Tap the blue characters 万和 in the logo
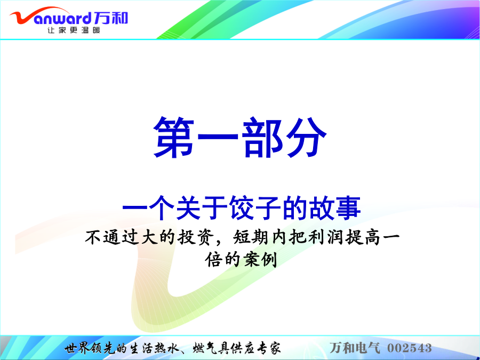pos(111,18)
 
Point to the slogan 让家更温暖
pos(74,30)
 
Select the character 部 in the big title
pos(262,138)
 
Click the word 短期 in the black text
pos(251,237)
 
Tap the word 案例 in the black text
pos(260,260)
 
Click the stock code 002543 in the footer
pos(410,348)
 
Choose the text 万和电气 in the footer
pos(355,348)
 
